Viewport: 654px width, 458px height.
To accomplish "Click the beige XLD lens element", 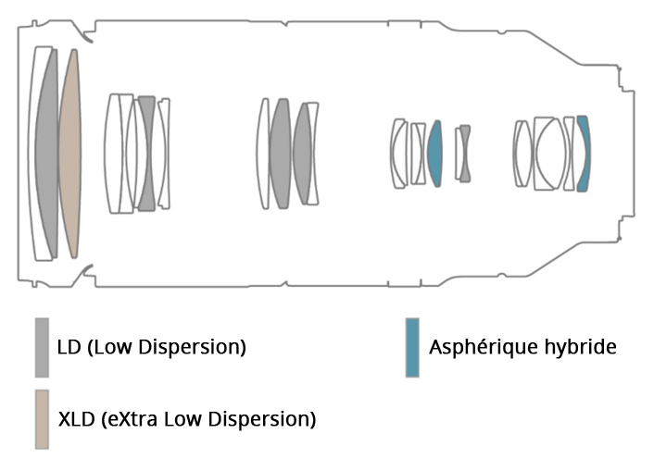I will pyautogui.click(x=69, y=153).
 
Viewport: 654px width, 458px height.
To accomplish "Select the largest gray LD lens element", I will pyautogui.click(x=47, y=153).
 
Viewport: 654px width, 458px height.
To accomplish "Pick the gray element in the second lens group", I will pyautogui.click(x=145, y=153).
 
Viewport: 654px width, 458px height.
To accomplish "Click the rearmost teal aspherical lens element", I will pyautogui.click(x=583, y=153).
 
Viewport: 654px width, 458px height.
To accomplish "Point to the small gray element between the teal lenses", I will pyautogui.click(x=464, y=153).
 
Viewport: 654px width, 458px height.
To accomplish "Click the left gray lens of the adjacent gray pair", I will pyautogui.click(x=280, y=153).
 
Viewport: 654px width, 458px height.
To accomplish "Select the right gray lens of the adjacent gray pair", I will pyautogui.click(x=302, y=153).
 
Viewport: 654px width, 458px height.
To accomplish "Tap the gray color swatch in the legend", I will pyautogui.click(x=42, y=347).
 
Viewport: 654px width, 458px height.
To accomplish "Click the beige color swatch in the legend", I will pyautogui.click(x=42, y=419).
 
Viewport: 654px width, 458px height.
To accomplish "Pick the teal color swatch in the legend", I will pyautogui.click(x=412, y=347).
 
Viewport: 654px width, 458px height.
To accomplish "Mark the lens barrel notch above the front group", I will pyautogui.click(x=86, y=39).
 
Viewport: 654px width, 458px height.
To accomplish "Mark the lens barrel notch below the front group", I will pyautogui.click(x=86, y=269).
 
